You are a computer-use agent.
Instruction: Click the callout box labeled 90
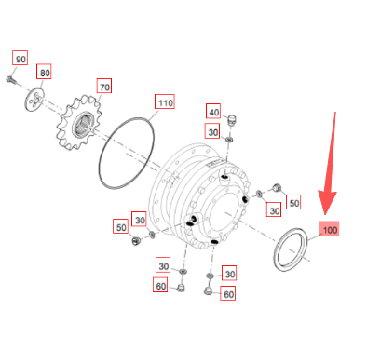[20, 58]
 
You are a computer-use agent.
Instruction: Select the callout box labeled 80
[44, 72]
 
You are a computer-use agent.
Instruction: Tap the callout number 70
[104, 86]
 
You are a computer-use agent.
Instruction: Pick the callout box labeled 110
[165, 101]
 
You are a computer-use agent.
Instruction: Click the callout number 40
[213, 112]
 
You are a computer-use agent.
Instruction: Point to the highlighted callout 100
[330, 229]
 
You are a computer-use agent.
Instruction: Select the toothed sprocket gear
[79, 123]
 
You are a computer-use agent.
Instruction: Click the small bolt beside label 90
[11, 80]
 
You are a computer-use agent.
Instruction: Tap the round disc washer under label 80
[34, 100]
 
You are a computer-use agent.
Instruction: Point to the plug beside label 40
[232, 120]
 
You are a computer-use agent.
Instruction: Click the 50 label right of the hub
[293, 202]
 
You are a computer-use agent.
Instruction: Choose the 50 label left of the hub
[121, 227]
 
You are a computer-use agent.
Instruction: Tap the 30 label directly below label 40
[212, 131]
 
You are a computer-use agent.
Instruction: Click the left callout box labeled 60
[160, 285]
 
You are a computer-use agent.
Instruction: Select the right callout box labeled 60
[228, 293]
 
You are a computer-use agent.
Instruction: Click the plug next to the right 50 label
[277, 187]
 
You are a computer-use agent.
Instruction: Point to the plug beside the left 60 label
[181, 288]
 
